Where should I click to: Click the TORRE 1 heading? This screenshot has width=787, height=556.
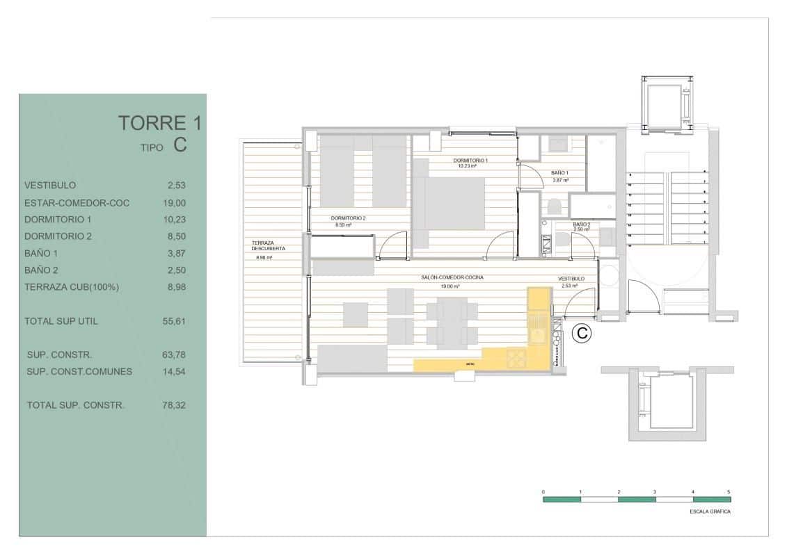160,124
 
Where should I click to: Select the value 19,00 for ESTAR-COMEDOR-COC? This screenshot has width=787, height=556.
174,203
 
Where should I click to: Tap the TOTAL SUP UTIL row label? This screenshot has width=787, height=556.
61,321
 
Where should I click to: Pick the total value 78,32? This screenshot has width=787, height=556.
174,405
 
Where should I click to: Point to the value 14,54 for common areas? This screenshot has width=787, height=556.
174,371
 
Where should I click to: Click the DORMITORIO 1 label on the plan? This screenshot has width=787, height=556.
470,161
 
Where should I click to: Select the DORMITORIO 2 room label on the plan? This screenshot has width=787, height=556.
349,218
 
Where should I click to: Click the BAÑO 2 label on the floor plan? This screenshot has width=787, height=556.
582,224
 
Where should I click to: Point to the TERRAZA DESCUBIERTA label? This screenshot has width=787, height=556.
268,245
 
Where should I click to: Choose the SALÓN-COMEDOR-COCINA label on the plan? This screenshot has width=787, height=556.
452,277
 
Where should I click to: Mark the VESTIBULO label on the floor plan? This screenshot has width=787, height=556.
571,279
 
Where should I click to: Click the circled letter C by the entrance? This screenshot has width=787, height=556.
582,334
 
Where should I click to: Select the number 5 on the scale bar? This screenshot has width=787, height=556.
729,491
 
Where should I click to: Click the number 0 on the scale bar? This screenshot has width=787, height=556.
543,491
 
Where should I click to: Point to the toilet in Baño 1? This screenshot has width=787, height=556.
555,206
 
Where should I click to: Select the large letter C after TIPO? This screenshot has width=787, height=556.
180,145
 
